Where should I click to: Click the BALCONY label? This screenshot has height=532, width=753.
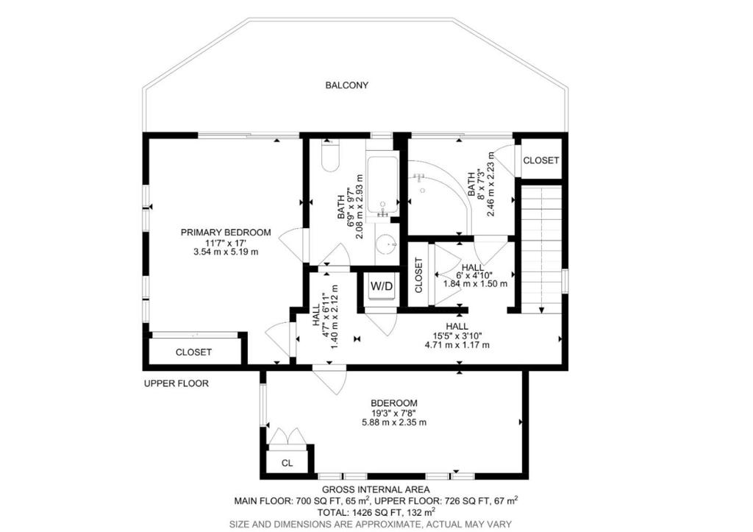point(347,85)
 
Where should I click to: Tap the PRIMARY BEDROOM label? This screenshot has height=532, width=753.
point(226,233)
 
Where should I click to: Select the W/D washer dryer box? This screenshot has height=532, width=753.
point(382,286)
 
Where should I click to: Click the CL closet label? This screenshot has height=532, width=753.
point(288,464)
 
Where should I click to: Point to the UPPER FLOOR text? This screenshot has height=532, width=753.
point(176,383)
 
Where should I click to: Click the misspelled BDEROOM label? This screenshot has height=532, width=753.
point(394,403)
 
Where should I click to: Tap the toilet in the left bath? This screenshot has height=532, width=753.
point(330,155)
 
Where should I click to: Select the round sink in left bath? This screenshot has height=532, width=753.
point(387,244)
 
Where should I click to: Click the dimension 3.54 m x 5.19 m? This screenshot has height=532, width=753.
point(226,252)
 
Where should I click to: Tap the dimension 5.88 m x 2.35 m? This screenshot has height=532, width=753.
point(394,422)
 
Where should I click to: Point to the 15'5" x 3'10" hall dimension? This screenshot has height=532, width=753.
point(457,336)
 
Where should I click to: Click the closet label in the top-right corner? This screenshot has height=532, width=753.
point(540,160)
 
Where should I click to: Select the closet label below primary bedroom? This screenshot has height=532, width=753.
point(193,352)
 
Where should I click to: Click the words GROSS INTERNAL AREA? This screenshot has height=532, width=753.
point(376,490)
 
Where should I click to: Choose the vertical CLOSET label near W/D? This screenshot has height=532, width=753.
point(418,275)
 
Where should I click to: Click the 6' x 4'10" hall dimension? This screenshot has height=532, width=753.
point(474,275)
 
